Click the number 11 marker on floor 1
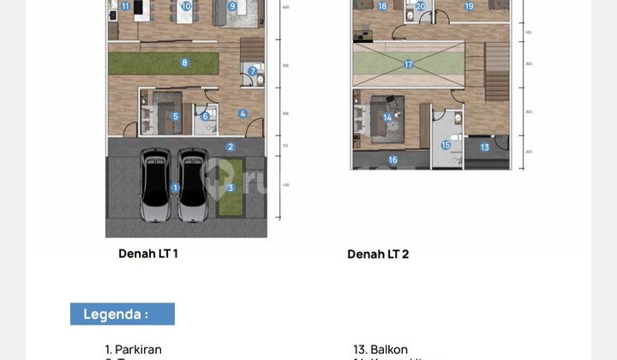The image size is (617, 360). click(125, 7)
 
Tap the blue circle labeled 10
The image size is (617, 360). click(187, 7)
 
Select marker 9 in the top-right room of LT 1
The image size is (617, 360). click(232, 7)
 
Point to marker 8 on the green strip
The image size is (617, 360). click(184, 62)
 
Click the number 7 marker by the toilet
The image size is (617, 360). click(253, 71)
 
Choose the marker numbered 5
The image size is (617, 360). click(176, 117)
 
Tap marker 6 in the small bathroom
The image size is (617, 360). click(206, 117)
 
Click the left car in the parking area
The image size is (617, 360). click(154, 189)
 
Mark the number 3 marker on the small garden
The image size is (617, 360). click(230, 189)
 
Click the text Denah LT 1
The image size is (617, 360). click(148, 254)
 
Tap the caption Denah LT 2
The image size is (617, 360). click(377, 255)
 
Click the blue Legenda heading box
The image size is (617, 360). click(122, 314)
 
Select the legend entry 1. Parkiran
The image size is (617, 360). click(133, 350)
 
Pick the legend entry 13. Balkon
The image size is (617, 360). click(380, 350)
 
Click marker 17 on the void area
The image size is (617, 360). click(409, 64)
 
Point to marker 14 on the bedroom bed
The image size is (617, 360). click(388, 118)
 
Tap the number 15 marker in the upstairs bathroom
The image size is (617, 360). click(446, 146)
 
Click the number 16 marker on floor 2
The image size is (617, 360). click(392, 160)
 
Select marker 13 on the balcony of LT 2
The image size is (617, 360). click(484, 147)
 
